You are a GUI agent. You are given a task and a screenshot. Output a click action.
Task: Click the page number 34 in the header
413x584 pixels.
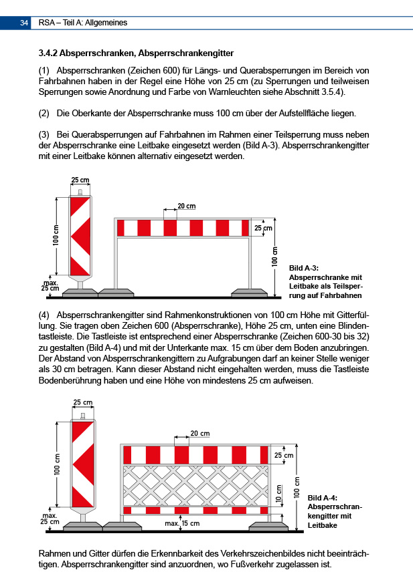(23, 23)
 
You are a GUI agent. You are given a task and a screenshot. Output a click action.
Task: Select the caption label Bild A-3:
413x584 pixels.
(305, 268)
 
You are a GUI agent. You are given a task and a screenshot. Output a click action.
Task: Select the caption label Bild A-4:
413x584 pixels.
(321, 498)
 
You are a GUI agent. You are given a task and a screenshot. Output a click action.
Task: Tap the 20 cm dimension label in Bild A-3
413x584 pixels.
(187, 205)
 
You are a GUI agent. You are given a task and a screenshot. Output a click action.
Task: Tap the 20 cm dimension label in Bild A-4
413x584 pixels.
(199, 434)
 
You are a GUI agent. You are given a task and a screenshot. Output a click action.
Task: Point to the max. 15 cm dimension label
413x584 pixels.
(182, 523)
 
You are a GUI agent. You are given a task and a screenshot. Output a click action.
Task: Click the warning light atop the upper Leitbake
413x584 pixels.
(80, 193)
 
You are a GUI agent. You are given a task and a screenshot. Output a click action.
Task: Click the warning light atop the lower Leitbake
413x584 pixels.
(83, 417)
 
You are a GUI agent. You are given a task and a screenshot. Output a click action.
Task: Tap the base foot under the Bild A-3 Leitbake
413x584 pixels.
(80, 292)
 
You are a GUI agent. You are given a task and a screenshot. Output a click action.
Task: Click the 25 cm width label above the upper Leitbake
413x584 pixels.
(80, 180)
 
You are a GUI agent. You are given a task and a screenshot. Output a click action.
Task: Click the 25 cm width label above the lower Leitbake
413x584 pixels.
(83, 403)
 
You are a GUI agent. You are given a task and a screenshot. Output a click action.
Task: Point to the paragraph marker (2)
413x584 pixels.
(44, 113)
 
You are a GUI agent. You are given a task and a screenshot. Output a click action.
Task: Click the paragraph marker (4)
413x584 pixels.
(44, 313)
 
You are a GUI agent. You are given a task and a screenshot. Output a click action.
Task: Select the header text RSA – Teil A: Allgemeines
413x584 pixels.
(83, 23)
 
